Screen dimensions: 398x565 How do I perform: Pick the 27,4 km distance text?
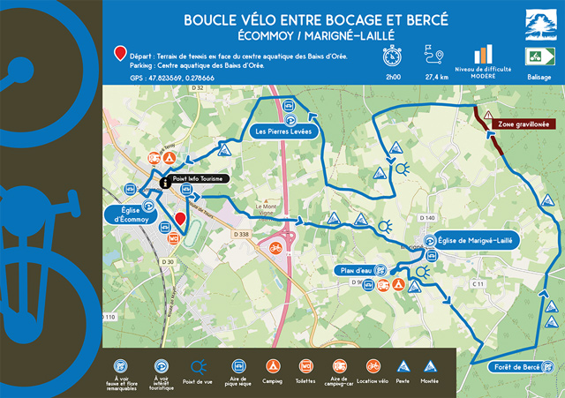(437, 78)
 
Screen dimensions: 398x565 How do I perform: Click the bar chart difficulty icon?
(482, 55)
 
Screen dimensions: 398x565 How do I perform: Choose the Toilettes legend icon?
(305, 364)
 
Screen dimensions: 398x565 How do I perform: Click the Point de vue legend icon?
(200, 364)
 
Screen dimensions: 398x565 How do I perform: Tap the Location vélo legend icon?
(373, 364)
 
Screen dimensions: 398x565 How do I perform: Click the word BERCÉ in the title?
(419, 19)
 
